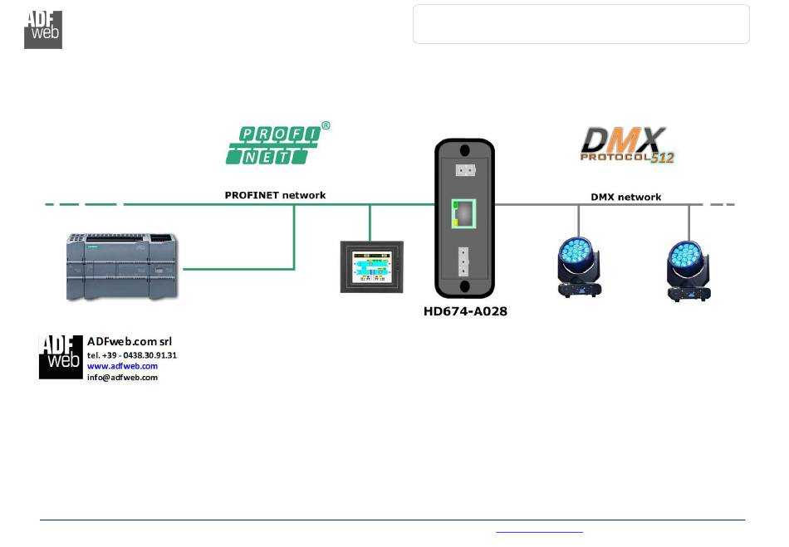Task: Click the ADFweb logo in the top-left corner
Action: point(42,29)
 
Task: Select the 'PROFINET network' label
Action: point(275,195)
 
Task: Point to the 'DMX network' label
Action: point(625,197)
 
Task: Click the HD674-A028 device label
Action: point(464,312)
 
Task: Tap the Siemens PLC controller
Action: point(121,266)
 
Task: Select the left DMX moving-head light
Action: point(579,266)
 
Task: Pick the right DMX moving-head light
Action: point(689,271)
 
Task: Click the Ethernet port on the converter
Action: point(463,213)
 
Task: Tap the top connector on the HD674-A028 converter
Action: point(464,170)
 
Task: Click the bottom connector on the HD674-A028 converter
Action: point(464,262)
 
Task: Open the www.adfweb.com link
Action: point(122,366)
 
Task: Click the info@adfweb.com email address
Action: point(122,377)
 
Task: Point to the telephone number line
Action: point(132,355)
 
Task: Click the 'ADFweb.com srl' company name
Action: point(130,341)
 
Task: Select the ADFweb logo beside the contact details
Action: point(61,357)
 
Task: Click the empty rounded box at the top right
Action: point(581,23)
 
